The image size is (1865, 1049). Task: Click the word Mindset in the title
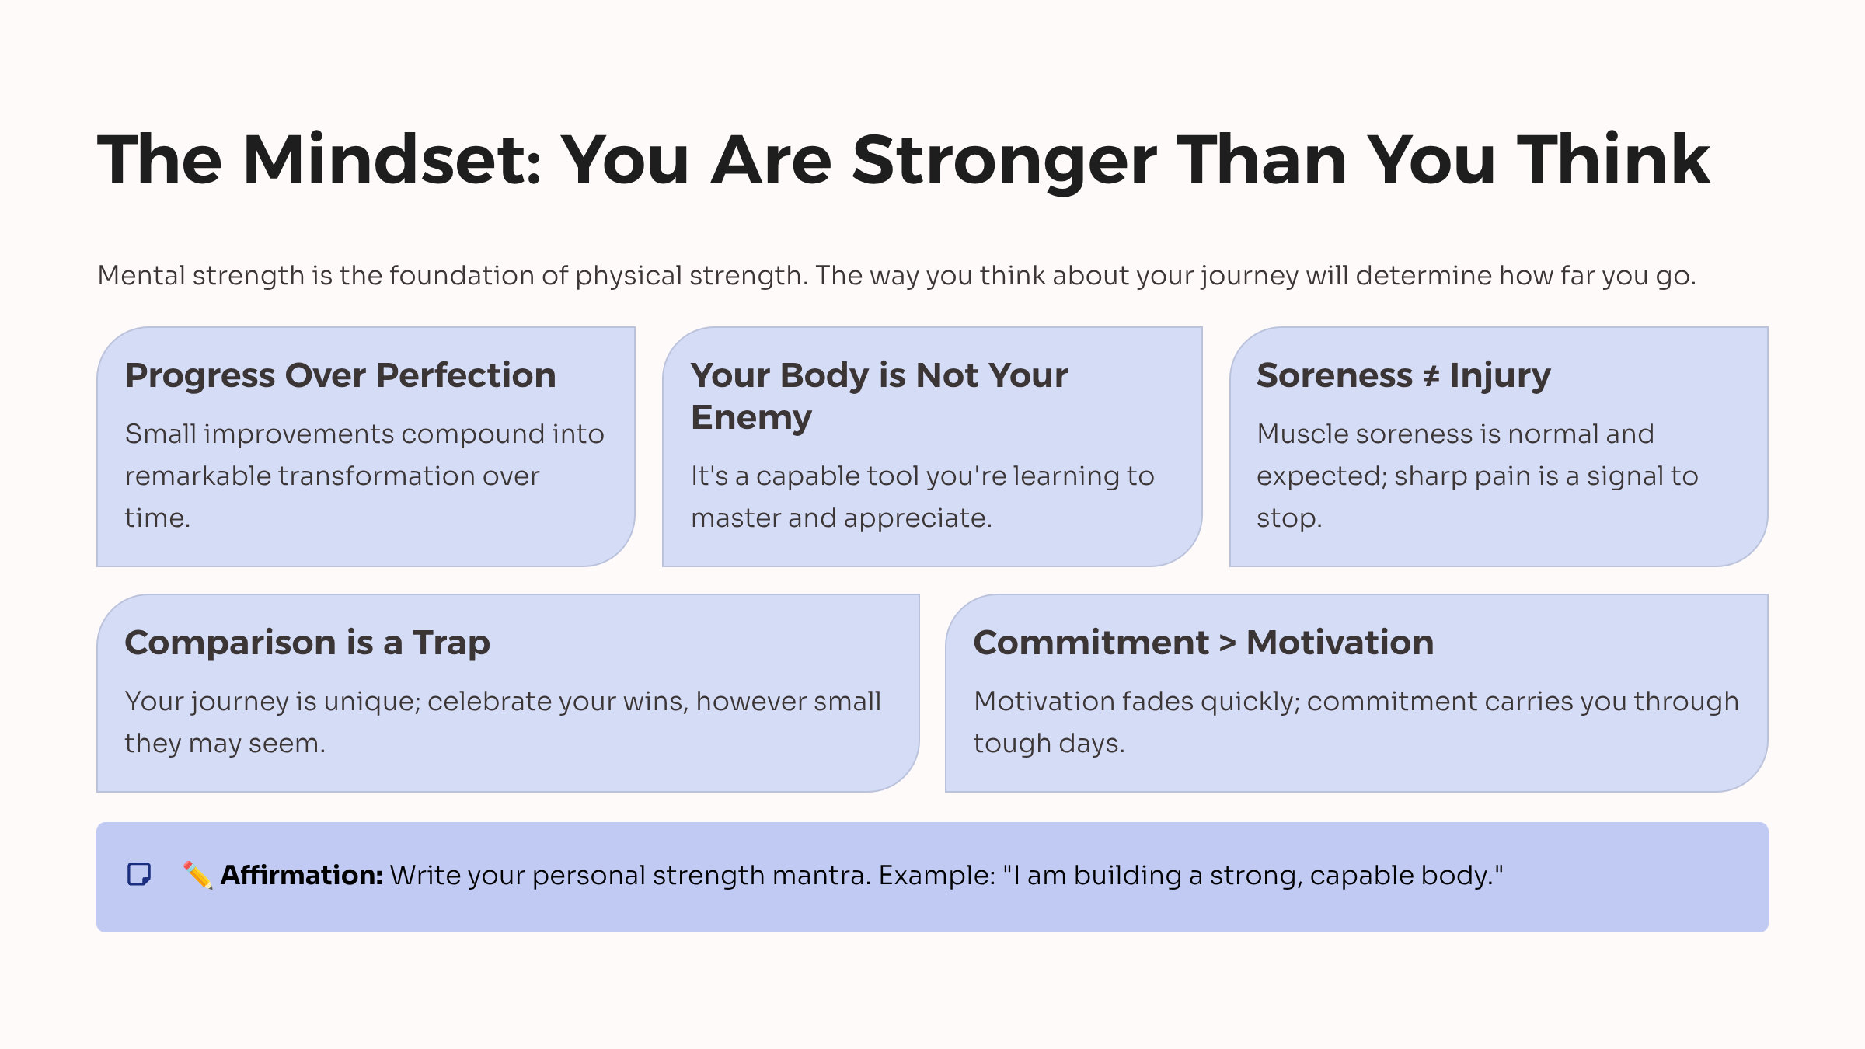tap(392, 160)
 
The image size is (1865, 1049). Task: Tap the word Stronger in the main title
tap(1004, 160)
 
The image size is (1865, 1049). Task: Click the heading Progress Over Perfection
tap(340, 375)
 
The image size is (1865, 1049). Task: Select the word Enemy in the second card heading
tap(751, 418)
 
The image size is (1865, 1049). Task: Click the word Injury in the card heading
tap(1500, 375)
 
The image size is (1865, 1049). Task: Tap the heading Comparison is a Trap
tap(307, 643)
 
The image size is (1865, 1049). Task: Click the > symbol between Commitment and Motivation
tap(1227, 643)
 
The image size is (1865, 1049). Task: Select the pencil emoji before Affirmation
tap(197, 875)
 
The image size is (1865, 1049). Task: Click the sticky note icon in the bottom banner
tap(139, 875)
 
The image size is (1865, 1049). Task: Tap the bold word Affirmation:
tap(302, 875)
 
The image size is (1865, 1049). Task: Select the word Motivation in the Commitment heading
tap(1340, 643)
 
